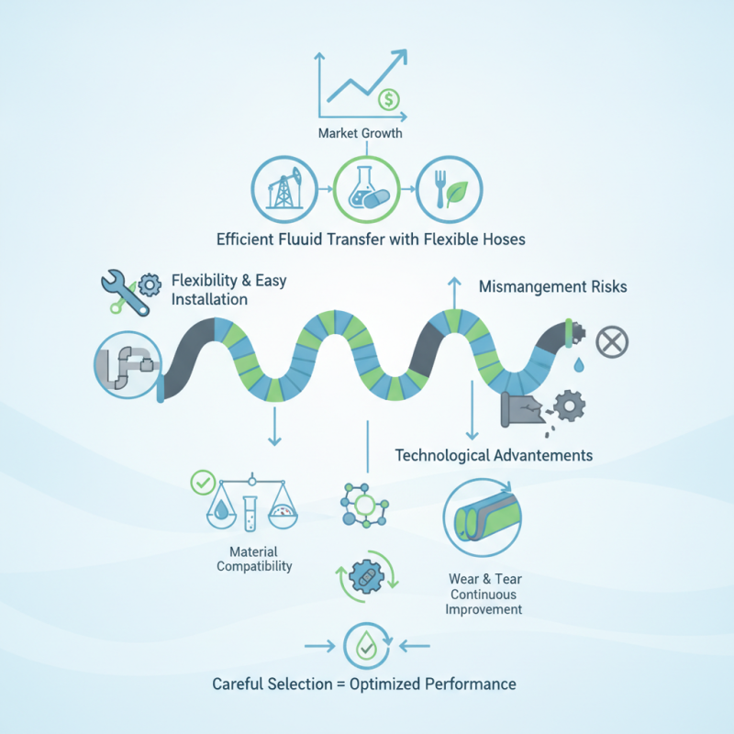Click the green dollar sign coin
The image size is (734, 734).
pyautogui.click(x=388, y=99)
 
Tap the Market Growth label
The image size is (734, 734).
pyautogui.click(x=360, y=133)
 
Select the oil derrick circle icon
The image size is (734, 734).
pyautogui.click(x=284, y=189)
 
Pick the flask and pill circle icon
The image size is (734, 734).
pyautogui.click(x=366, y=189)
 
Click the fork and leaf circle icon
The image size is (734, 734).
pyautogui.click(x=449, y=189)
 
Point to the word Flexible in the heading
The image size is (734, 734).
pyautogui.click(x=451, y=239)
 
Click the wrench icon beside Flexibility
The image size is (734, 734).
pyautogui.click(x=125, y=292)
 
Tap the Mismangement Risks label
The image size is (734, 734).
pyautogui.click(x=553, y=286)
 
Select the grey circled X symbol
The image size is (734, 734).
pyautogui.click(x=612, y=341)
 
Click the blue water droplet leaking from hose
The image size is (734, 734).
pyautogui.click(x=579, y=364)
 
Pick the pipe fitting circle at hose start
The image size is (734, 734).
pyautogui.click(x=128, y=364)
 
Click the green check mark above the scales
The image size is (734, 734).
pyautogui.click(x=203, y=483)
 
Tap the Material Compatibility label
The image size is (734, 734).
pyautogui.click(x=254, y=559)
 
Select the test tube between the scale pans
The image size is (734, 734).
pyautogui.click(x=250, y=514)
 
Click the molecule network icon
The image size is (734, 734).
pyautogui.click(x=364, y=506)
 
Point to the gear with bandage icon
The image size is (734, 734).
pyautogui.click(x=367, y=577)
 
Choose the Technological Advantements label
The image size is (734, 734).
pyautogui.click(x=494, y=455)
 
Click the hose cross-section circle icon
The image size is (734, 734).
pyautogui.click(x=483, y=517)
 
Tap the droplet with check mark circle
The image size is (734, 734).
pyautogui.click(x=366, y=646)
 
